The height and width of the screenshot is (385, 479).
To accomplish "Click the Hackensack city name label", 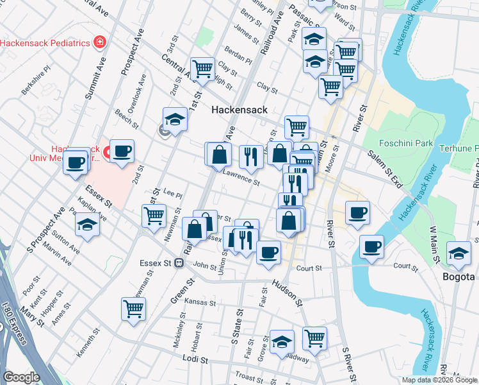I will (239, 110).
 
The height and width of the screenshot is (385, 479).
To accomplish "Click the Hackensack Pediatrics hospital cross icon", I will (99, 43).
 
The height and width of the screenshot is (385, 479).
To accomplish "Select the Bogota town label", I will (458, 277).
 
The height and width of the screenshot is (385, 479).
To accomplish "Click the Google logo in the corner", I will (20, 377).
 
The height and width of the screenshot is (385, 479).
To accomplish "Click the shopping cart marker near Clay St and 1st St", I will (202, 68).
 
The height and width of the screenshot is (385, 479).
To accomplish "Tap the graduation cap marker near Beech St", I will (174, 119).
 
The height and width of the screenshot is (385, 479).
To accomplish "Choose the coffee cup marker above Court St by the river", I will (371, 246).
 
